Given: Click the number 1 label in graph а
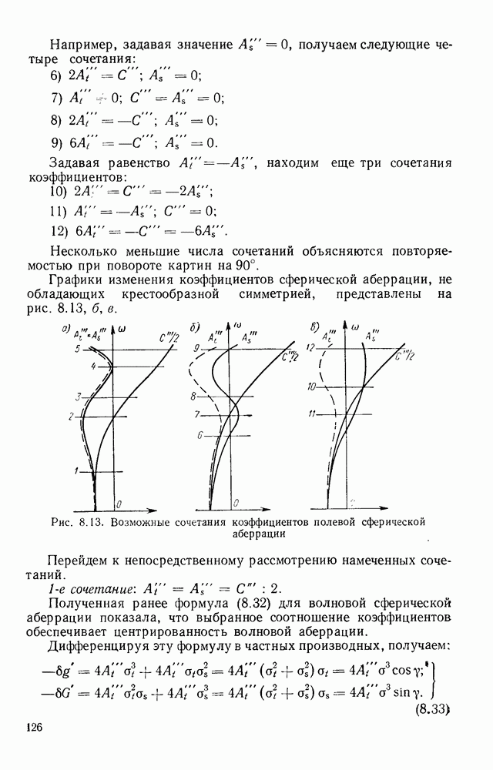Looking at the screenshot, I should (76, 470).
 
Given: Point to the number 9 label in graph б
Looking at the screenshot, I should (197, 348).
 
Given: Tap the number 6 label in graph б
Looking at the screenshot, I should (199, 435).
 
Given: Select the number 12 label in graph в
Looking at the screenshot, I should (311, 348).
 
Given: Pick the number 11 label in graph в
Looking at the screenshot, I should (312, 414).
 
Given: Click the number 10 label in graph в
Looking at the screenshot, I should (312, 386).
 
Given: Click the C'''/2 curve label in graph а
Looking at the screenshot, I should (166, 336).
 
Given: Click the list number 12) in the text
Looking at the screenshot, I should (59, 230).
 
